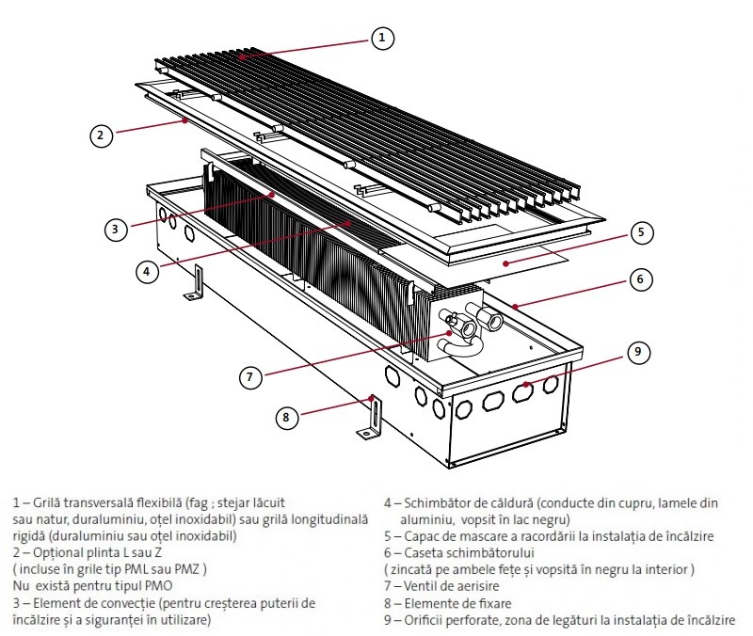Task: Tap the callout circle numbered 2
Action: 102,135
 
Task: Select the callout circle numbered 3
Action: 114,229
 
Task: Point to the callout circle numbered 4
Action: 146,271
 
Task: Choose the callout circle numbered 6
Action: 639,279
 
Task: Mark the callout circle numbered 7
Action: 248,376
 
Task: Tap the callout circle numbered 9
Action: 637,353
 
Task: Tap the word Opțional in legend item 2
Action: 53,553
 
